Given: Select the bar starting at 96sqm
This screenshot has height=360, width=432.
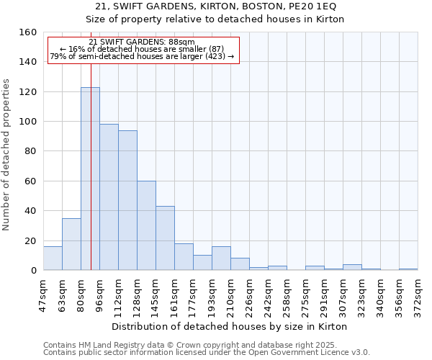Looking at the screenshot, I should [109, 197].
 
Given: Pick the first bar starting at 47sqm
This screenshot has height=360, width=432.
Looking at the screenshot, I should [53, 258].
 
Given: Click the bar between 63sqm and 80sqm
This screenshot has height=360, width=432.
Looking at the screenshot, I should [71, 244].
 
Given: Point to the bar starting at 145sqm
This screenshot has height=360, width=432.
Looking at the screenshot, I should [165, 238].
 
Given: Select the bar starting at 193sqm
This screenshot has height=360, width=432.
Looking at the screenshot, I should [221, 258].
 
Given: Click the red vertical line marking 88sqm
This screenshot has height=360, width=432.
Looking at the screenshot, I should [91, 144].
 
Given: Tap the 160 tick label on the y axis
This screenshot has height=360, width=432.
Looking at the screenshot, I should [28, 32].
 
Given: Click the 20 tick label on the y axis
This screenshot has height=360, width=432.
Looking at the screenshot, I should [30, 241].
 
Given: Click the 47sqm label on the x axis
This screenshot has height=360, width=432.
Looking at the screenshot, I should [43, 292].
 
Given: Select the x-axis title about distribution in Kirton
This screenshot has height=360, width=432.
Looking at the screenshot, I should [230, 327].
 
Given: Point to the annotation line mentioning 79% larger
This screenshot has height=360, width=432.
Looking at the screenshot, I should [143, 56].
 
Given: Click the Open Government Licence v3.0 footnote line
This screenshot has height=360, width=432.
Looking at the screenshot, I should [206, 353].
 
